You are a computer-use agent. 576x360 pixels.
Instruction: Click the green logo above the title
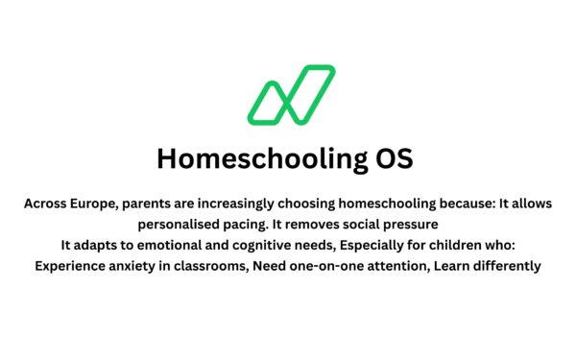point(291,95)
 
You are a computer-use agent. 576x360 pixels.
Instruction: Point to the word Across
point(45,204)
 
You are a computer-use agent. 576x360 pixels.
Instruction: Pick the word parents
point(147,204)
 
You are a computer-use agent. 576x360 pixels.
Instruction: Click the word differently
point(506,266)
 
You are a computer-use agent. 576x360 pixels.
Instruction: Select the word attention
point(396,266)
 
